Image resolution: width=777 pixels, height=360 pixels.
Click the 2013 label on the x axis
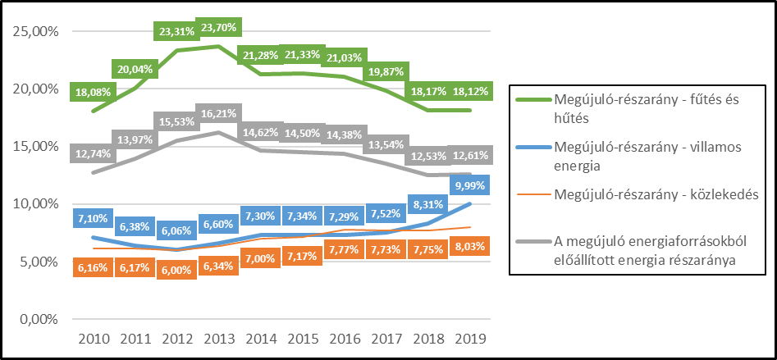[217, 339]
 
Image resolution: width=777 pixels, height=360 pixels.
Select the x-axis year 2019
[469, 339]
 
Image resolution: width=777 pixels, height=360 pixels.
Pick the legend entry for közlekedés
[644, 194]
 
